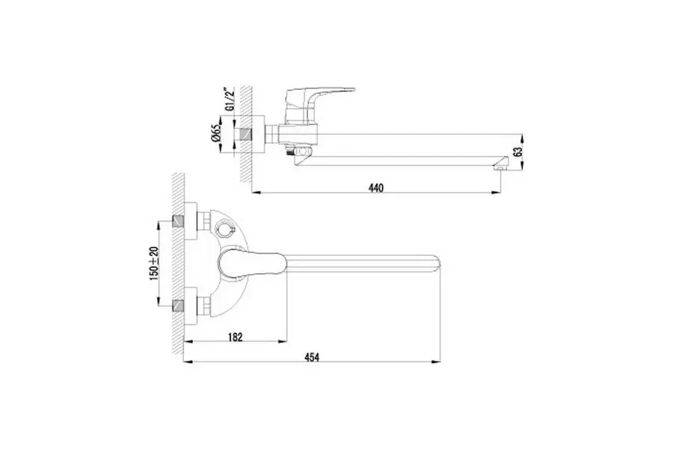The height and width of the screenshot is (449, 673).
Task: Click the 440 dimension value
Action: click(x=375, y=188)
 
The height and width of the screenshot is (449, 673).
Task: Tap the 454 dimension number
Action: click(x=312, y=357)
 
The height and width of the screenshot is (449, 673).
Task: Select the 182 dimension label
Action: click(x=235, y=337)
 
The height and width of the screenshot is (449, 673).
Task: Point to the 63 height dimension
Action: click(x=518, y=152)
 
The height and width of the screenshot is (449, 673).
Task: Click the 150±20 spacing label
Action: click(x=153, y=264)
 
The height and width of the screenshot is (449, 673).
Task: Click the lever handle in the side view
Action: click(x=320, y=96)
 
